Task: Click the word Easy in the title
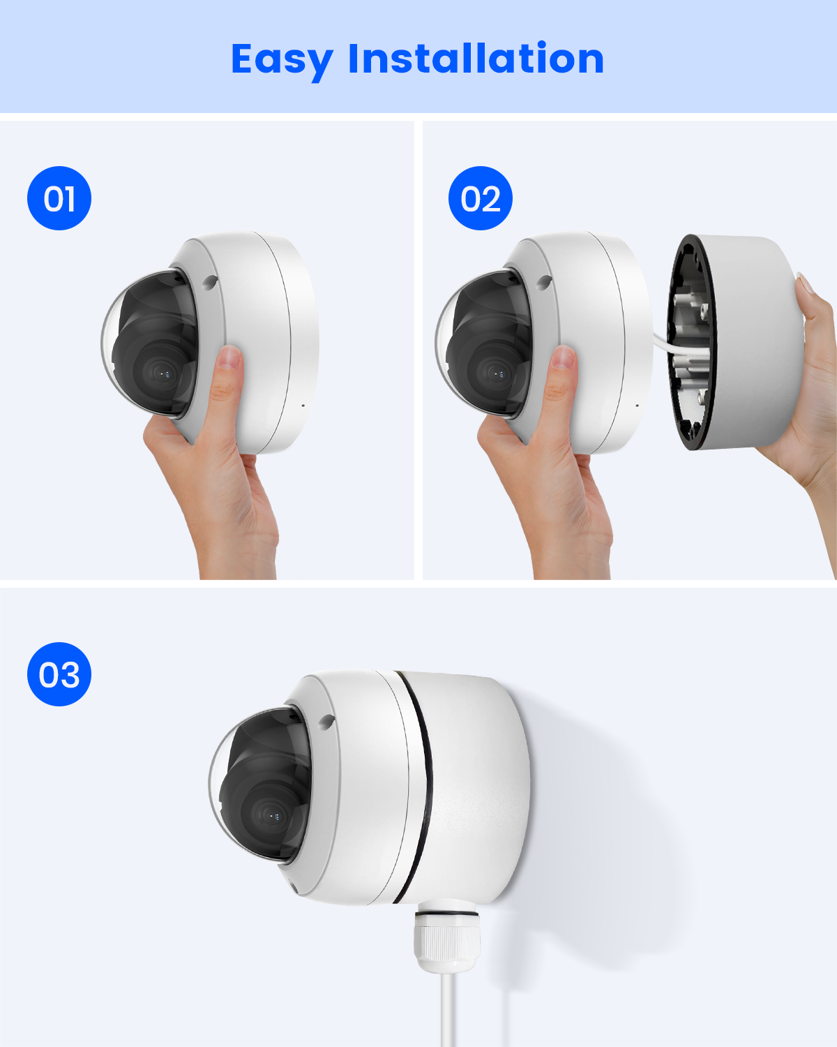click(x=282, y=61)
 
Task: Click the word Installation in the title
click(x=476, y=58)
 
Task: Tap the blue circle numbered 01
click(x=59, y=198)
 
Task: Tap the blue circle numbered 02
click(x=480, y=198)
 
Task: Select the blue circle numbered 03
click(x=59, y=674)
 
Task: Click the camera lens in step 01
click(x=160, y=373)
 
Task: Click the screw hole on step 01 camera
click(x=211, y=281)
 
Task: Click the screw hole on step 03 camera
click(x=326, y=722)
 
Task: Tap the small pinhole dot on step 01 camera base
click(x=303, y=406)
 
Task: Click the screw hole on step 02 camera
click(x=545, y=281)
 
